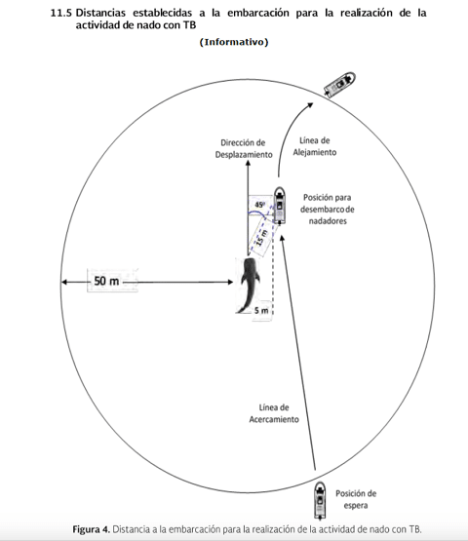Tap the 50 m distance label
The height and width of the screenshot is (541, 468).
(x=106, y=281)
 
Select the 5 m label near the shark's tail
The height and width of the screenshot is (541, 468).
(x=261, y=311)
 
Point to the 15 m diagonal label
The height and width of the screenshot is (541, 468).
(x=262, y=238)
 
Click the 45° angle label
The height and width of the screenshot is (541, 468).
(x=260, y=205)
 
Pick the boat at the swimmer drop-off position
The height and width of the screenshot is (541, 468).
(x=280, y=206)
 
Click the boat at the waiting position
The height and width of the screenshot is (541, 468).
(x=320, y=501)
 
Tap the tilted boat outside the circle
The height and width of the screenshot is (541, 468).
(x=340, y=85)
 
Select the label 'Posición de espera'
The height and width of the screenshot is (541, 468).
(x=356, y=499)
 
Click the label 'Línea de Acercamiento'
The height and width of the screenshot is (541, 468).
(x=274, y=413)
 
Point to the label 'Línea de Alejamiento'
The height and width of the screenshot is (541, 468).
(x=314, y=146)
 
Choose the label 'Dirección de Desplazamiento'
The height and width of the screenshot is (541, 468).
(x=244, y=149)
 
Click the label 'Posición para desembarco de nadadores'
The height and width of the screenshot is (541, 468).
(x=327, y=209)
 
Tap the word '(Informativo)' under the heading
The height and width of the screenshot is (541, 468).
(x=234, y=42)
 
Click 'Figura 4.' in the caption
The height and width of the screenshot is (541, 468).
(x=91, y=529)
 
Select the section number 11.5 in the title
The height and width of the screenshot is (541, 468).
(x=61, y=13)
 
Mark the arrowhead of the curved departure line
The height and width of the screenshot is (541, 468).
(x=310, y=105)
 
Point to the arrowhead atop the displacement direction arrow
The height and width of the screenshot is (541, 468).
(x=248, y=163)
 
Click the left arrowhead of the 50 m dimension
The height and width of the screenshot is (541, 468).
(x=64, y=283)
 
